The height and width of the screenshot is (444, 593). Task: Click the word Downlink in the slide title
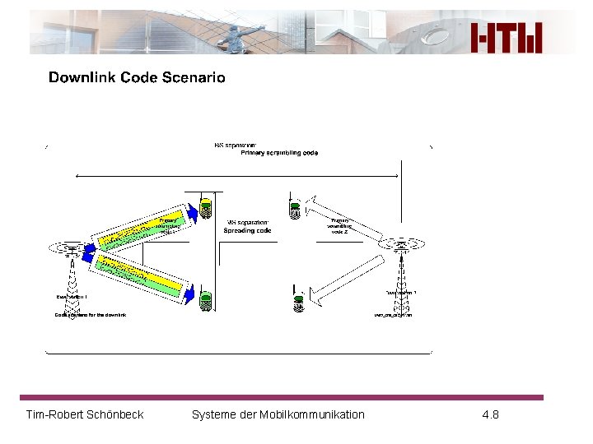point(82,78)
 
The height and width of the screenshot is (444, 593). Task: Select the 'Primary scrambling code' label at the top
point(279,153)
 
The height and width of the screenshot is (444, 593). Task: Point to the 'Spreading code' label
point(247,231)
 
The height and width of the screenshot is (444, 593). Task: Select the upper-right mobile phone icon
point(295,207)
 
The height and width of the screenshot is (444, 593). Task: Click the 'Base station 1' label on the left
point(72,297)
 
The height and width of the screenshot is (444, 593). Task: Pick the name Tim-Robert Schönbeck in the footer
point(85,414)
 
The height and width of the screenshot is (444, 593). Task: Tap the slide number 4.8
point(490,414)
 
